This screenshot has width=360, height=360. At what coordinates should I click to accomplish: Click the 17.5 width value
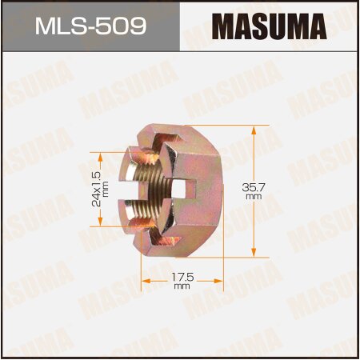coord(182,277)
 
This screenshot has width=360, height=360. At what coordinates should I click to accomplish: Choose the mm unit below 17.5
coord(182,286)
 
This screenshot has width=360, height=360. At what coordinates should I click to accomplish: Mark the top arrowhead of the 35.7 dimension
coord(254,128)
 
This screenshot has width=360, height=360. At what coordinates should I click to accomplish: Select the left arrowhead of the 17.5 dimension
coord(146,281)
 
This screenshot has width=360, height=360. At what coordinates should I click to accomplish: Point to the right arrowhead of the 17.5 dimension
coord(217,281)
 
